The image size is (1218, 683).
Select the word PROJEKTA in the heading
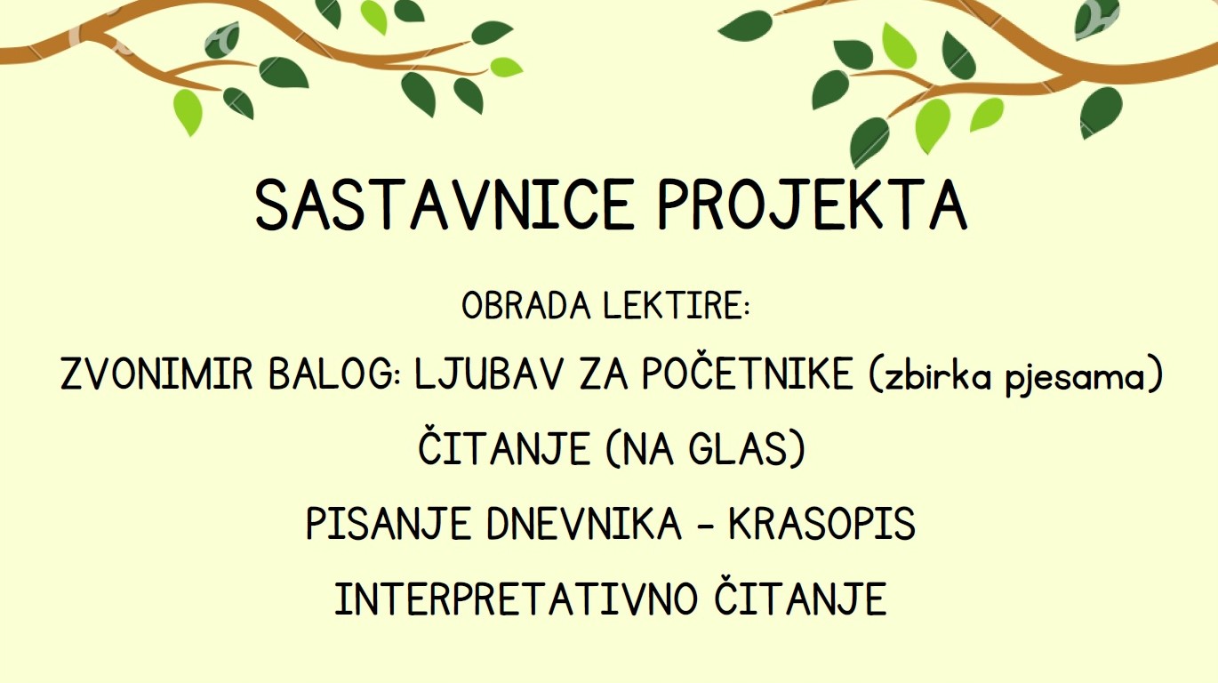[812, 205]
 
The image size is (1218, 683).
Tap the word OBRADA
[525, 305]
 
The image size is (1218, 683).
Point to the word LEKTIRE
[677, 305]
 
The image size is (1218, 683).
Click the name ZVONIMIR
[157, 374]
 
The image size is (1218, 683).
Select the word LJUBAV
[488, 374]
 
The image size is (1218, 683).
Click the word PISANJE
[389, 524]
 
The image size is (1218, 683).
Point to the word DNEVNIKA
[584, 524]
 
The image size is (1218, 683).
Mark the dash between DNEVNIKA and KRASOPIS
[705, 526]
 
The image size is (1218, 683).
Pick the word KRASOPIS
[822, 524]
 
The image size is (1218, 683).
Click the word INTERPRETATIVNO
[516, 599]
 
